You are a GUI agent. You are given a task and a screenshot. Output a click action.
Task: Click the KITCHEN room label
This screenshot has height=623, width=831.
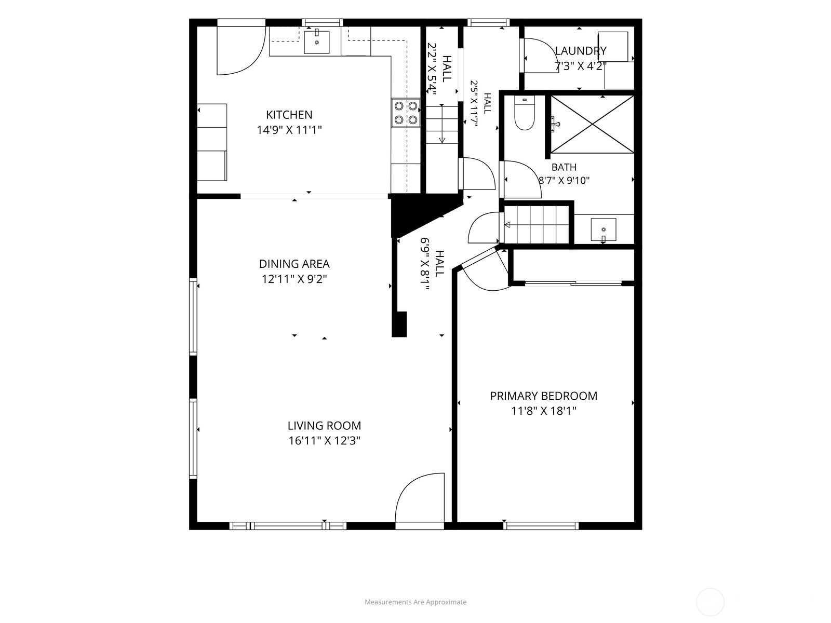coord(289,115)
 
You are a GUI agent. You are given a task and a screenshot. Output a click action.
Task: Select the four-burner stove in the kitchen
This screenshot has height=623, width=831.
coord(406,113)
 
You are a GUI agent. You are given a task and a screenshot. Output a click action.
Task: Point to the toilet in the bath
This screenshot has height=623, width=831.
coord(525,113)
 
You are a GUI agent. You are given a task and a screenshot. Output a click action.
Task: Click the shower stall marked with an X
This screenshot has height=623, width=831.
coord(592,125)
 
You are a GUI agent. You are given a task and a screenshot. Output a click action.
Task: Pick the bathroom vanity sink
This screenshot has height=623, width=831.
coord(604,229)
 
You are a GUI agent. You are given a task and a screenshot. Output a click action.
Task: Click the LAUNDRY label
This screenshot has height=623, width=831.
coord(581,51)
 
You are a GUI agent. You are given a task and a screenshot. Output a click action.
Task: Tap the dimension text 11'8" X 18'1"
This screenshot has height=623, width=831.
coord(544,411)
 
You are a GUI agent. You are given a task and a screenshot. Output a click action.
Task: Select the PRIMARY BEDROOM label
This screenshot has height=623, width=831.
coord(544,396)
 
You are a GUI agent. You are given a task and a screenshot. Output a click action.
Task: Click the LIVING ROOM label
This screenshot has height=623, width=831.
coord(324,426)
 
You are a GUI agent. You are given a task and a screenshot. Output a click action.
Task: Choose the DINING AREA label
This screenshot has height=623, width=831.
coord(294,264)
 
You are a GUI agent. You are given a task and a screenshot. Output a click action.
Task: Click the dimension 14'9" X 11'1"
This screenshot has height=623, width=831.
coord(289,130)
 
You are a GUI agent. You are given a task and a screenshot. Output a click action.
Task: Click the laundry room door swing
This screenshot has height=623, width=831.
coord(539,56)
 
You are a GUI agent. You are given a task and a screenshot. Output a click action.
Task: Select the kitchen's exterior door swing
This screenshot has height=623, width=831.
coord(241,50)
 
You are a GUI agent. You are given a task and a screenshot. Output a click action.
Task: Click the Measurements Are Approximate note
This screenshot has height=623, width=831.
coord(415,602)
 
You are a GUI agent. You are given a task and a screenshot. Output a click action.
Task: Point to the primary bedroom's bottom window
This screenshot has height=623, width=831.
coord(541,525)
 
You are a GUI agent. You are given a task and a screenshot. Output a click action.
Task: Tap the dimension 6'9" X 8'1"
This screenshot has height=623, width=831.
coord(425,264)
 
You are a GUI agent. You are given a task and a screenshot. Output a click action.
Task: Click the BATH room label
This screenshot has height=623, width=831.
coord(564,167)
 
